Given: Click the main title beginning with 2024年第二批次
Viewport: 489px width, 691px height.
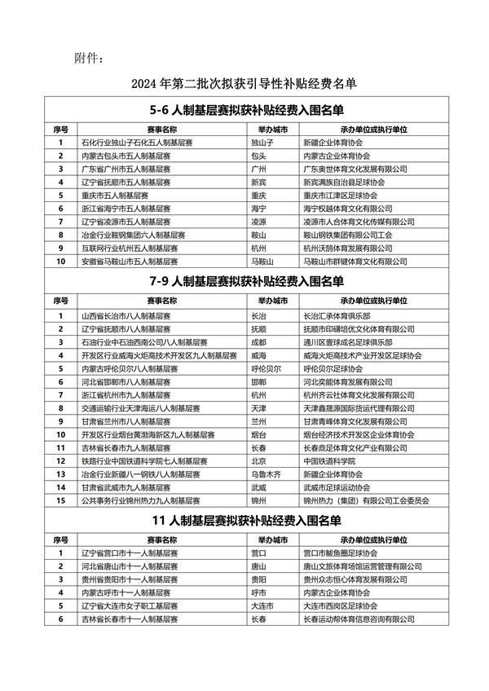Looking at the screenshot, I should click(244, 83).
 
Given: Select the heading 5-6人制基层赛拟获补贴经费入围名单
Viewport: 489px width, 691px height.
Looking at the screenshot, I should click(248, 110).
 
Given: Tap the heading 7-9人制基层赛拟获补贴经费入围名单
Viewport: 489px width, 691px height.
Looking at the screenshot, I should click(248, 282).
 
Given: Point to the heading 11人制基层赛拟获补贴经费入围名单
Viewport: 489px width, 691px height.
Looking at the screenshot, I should click(248, 521).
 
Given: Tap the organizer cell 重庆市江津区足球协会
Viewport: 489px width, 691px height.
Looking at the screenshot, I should click(340, 196).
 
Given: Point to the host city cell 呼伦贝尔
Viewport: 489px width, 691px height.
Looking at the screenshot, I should click(263, 368).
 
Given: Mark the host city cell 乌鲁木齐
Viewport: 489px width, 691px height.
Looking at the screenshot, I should click(263, 473).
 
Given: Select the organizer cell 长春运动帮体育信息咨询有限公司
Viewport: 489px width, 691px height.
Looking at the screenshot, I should click(357, 619).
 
